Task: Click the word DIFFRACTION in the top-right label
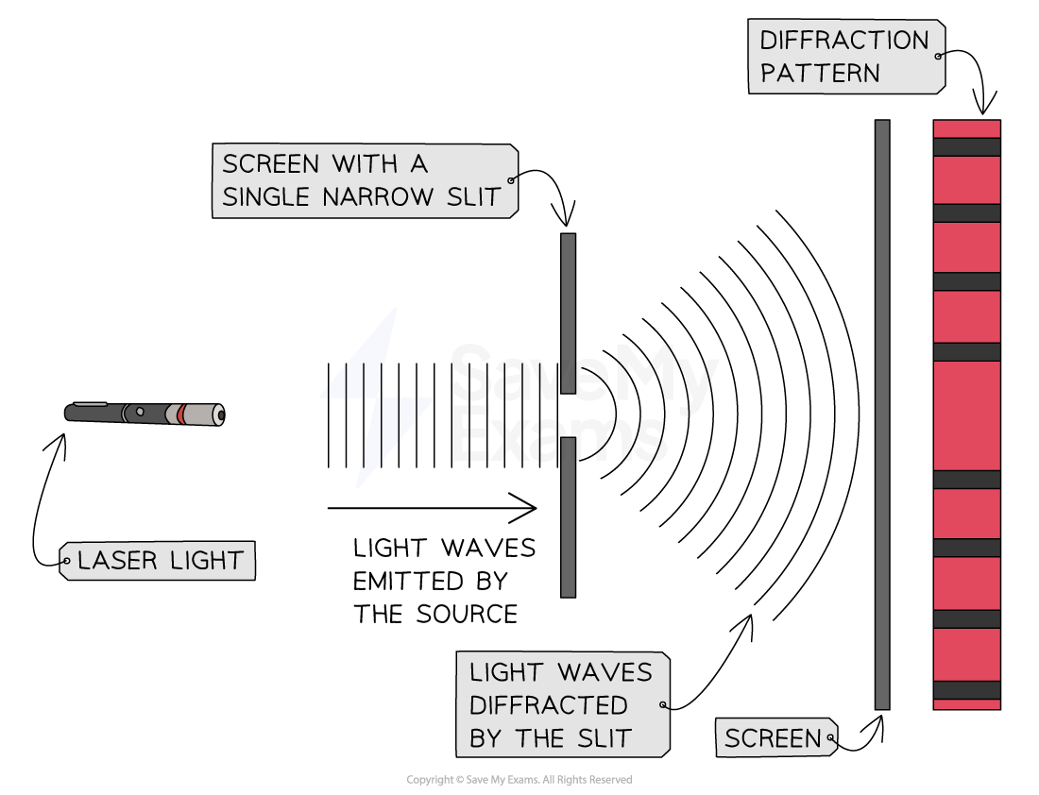pos(844,41)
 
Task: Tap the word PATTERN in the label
pos(820,74)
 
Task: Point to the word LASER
pos(115,561)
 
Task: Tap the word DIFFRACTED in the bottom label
pos(548,705)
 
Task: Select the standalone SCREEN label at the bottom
pos(773,738)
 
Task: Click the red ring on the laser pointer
pos(180,414)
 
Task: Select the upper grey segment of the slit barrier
pos(568,313)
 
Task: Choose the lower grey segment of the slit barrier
pos(568,516)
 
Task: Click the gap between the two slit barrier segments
pos(568,415)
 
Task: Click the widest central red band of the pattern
pos(966,414)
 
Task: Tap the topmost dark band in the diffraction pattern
pos(966,147)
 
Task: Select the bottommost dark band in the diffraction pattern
pos(966,690)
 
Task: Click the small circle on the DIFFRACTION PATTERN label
pos(938,57)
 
